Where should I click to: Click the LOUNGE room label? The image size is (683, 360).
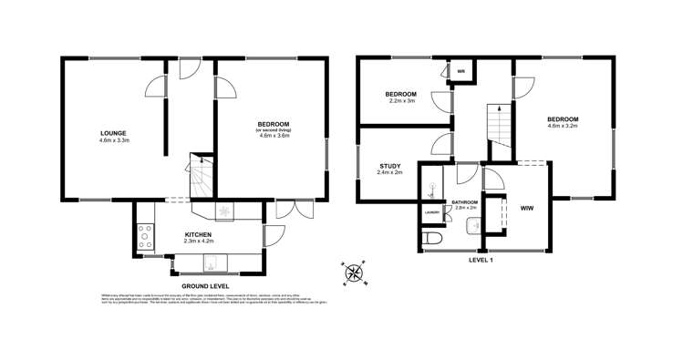click(x=113, y=133)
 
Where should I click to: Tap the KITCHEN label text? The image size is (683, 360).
click(x=198, y=234)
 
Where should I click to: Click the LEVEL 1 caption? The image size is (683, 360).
click(x=481, y=261)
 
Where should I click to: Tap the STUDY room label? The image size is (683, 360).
click(x=390, y=165)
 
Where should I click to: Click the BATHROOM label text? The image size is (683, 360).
click(x=460, y=202)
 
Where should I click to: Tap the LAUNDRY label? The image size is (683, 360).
click(x=432, y=213)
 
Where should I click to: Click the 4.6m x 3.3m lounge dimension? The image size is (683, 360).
click(x=113, y=140)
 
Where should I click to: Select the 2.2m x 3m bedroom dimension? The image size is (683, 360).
click(x=401, y=101)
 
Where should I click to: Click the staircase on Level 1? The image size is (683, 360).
click(x=498, y=122)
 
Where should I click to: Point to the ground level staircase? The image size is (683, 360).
click(x=201, y=179)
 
